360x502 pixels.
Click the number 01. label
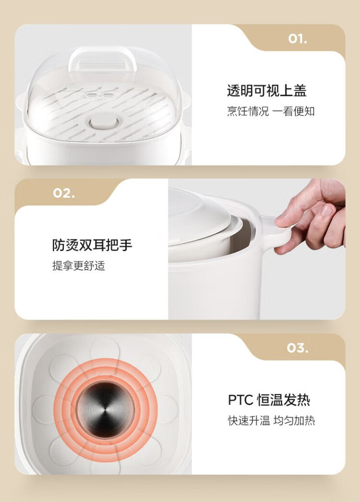(x=297, y=39)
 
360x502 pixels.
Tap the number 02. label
(x=64, y=193)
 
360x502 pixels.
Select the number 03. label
(x=298, y=348)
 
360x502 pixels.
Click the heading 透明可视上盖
(x=267, y=91)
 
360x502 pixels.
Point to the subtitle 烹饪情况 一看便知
(x=271, y=111)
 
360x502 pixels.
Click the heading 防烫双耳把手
(x=92, y=245)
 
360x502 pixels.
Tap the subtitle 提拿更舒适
(x=78, y=266)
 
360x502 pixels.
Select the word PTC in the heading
(x=240, y=400)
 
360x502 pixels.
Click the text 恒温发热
(x=284, y=400)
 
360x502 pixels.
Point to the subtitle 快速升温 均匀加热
(x=271, y=421)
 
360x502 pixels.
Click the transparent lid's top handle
(x=103, y=60)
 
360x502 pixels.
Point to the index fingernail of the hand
(x=327, y=210)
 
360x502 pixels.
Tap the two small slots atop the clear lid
(x=100, y=96)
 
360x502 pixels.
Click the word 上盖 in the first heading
(x=293, y=91)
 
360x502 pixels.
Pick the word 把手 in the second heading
(x=119, y=245)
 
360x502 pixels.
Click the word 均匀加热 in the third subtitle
(x=294, y=421)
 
